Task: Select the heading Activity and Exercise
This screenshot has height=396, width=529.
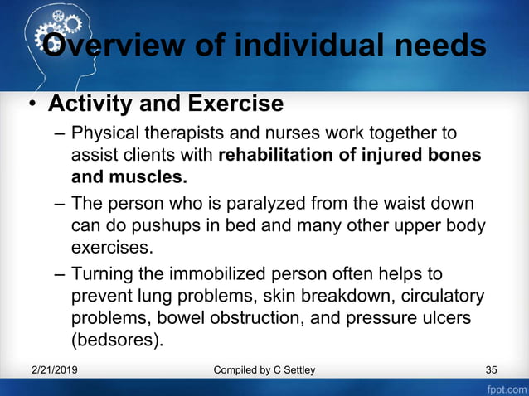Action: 166,104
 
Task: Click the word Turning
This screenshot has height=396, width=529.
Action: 102,273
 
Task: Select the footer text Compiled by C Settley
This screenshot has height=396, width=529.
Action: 264,369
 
